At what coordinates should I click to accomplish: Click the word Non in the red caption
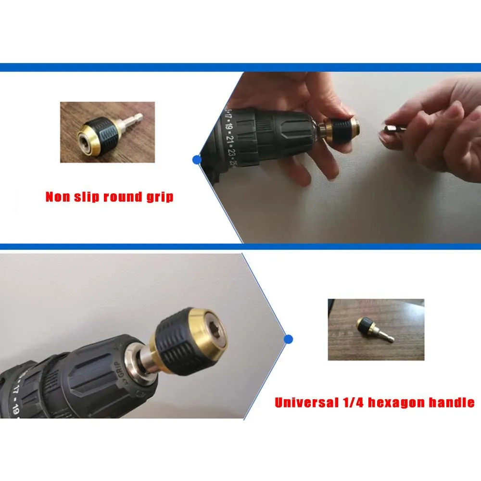tap(57, 197)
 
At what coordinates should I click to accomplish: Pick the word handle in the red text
tap(452, 402)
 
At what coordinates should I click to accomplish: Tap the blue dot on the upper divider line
tap(196, 159)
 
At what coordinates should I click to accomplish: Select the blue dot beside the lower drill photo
tap(288, 339)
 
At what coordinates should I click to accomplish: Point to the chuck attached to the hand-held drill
tap(339, 128)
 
